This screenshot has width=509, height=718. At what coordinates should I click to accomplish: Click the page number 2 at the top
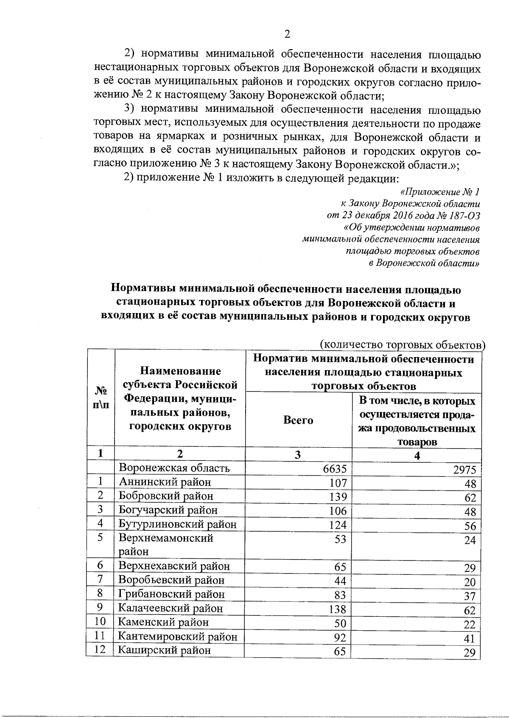(287, 34)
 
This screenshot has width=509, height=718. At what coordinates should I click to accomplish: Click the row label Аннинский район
(165, 482)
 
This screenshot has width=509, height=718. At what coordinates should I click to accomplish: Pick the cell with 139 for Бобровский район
(338, 496)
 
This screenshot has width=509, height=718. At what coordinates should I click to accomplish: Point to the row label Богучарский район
(168, 510)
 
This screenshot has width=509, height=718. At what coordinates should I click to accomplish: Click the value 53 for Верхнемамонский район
(340, 539)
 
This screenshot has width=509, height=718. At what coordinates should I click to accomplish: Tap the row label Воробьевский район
(171, 580)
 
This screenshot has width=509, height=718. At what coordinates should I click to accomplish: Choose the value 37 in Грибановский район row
(470, 596)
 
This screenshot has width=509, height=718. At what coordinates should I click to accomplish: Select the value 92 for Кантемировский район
(340, 638)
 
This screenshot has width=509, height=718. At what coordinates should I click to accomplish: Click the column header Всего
(298, 420)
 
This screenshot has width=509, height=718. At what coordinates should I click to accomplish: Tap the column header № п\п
(100, 397)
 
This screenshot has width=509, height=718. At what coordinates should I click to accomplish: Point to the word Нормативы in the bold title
(143, 290)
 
